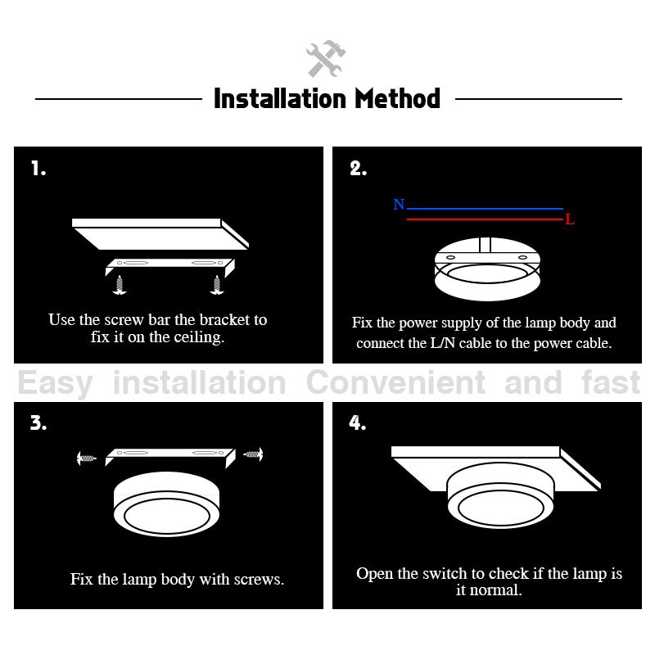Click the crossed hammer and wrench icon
click(326, 58)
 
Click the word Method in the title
click(397, 99)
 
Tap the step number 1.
click(38, 169)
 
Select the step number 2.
click(358, 169)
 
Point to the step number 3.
click(38, 422)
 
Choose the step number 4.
click(358, 422)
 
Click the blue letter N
click(399, 204)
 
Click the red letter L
click(570, 219)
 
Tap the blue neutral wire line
click(485, 209)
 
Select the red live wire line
click(485, 219)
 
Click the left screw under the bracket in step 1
click(120, 285)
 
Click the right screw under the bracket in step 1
click(217, 285)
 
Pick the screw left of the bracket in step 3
click(87, 458)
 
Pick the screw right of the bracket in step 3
click(253, 454)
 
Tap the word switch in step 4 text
click(444, 574)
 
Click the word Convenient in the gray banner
click(395, 382)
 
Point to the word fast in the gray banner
click(611, 382)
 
